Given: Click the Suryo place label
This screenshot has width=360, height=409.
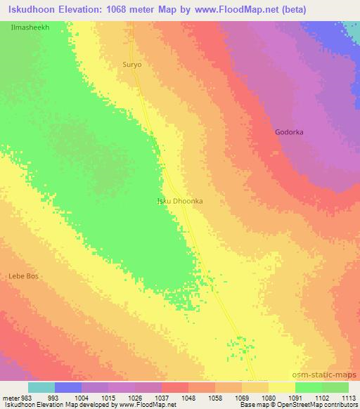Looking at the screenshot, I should click(x=132, y=64).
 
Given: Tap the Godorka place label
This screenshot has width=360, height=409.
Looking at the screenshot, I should click(x=289, y=132).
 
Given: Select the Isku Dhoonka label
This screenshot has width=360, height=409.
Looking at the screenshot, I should click(x=179, y=200).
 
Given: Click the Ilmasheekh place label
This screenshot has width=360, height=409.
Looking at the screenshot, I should click(x=30, y=26).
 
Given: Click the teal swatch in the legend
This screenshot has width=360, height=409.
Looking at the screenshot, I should click(x=41, y=387).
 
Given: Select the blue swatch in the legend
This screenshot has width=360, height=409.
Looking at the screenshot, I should click(x=68, y=387).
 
